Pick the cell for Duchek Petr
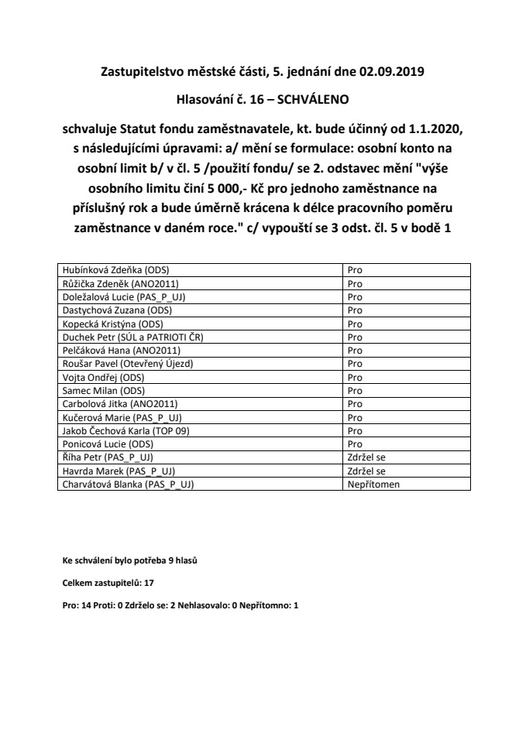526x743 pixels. tap(137, 337)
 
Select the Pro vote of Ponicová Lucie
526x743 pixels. tap(355, 444)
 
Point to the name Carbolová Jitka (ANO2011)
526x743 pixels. tap(122, 404)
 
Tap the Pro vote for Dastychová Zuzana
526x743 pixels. tap(355, 310)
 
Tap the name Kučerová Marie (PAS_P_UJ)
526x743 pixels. tap(122, 417)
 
